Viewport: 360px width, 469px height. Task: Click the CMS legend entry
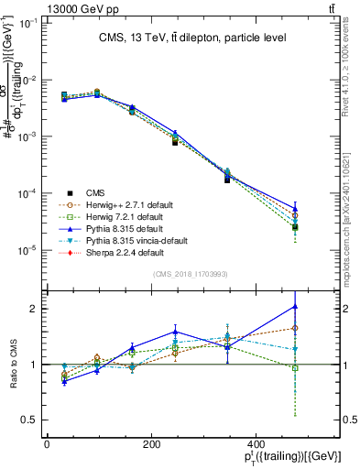pos(96,192)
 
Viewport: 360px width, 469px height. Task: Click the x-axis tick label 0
pos(47,443)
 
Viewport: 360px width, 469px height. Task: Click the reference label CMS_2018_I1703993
pos(191,273)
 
